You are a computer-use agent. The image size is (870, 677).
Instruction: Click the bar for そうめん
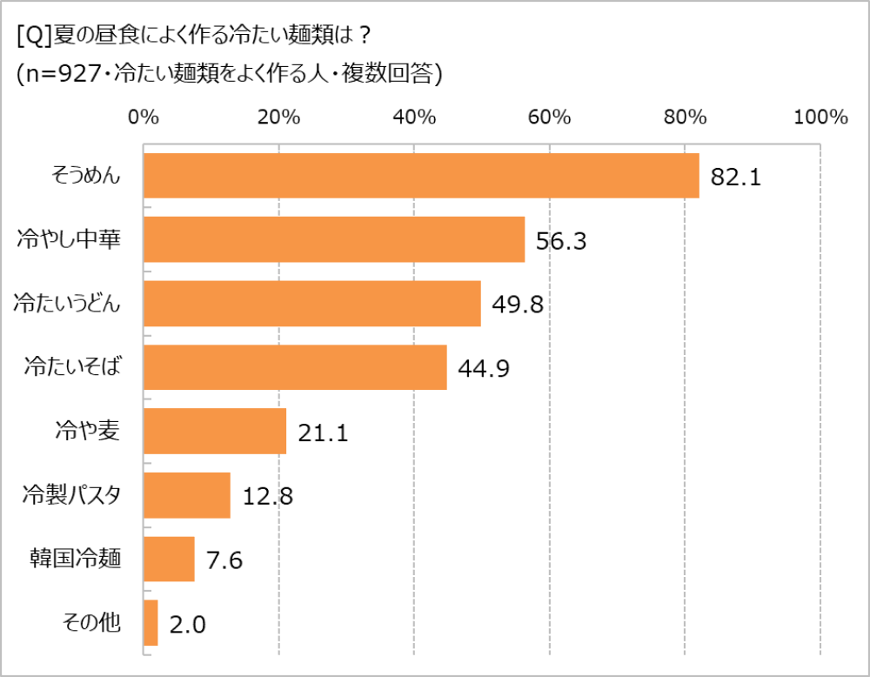(x=420, y=176)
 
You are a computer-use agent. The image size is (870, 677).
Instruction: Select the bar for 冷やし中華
(x=333, y=239)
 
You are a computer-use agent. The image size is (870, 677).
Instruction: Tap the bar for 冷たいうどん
(x=311, y=303)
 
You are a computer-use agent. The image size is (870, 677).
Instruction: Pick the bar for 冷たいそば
(x=295, y=367)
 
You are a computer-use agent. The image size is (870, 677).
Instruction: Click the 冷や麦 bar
(x=214, y=431)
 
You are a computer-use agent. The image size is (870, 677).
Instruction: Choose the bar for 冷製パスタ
(x=186, y=495)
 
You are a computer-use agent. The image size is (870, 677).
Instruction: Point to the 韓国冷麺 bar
(x=169, y=559)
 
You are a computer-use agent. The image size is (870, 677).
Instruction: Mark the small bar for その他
(x=150, y=622)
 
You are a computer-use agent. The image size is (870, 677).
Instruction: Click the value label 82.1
(x=736, y=177)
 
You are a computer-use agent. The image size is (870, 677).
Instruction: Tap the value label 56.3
(x=561, y=240)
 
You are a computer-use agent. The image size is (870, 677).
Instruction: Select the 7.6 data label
(x=224, y=560)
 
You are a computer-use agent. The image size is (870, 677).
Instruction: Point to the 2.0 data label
(x=187, y=623)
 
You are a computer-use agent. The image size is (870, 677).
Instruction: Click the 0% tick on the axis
(x=143, y=118)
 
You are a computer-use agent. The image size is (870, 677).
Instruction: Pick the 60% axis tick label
(x=549, y=118)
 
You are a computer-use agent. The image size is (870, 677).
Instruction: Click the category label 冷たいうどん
(x=66, y=303)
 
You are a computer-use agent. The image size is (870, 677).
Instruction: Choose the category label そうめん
(x=85, y=176)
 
